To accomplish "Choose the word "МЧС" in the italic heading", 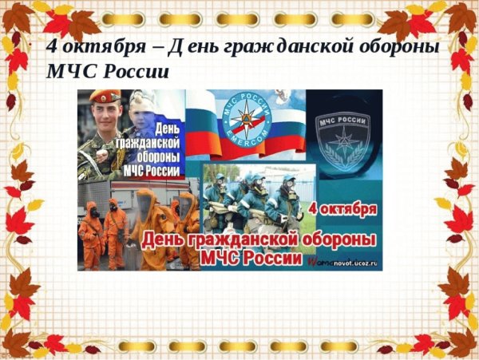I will coord(68,72).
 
